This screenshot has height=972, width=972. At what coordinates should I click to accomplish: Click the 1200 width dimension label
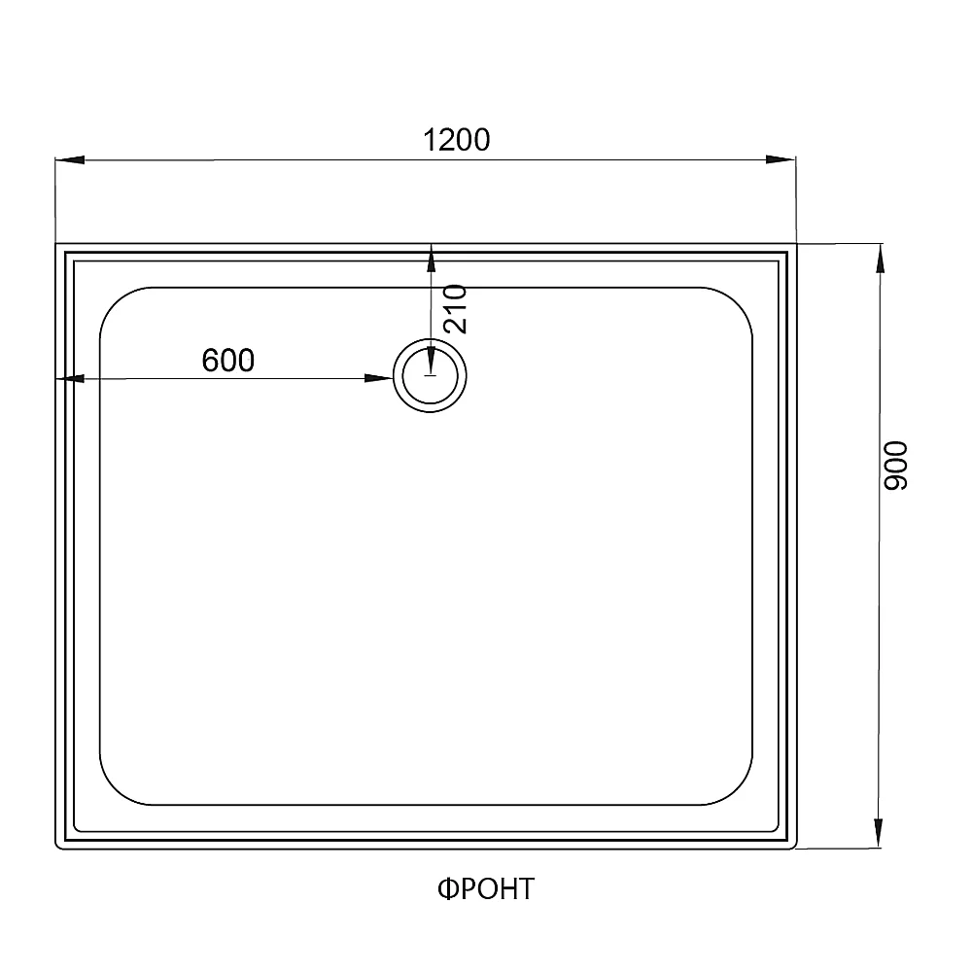(456, 140)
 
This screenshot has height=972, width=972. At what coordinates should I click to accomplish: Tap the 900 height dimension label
(895, 466)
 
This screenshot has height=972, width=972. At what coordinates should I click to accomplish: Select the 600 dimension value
(228, 361)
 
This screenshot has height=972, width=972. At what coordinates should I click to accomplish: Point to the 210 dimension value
(456, 309)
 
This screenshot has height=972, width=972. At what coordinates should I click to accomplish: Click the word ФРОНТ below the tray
(486, 889)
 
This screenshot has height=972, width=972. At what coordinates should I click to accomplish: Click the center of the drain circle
(430, 375)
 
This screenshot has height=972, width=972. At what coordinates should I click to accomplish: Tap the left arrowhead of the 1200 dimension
(69, 160)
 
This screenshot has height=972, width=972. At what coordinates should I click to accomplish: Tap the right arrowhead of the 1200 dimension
(781, 159)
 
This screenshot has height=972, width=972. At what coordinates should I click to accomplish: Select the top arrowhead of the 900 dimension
(880, 258)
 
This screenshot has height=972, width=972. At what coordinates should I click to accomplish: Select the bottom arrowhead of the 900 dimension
(879, 833)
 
